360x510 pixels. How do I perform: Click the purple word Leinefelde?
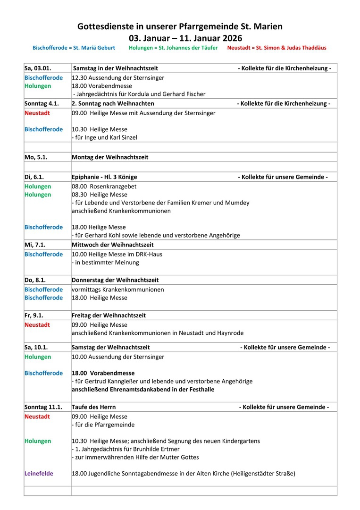coord(39,474)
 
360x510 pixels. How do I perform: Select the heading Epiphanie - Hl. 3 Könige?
coord(104,177)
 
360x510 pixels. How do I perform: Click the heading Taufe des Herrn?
coord(93,407)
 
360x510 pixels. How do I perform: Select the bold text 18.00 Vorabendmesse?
coord(103,373)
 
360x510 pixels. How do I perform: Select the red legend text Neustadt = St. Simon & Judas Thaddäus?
coord(276,48)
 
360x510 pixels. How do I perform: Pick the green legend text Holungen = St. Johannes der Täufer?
coord(173,48)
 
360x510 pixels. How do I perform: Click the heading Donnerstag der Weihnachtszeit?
coord(115,280)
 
